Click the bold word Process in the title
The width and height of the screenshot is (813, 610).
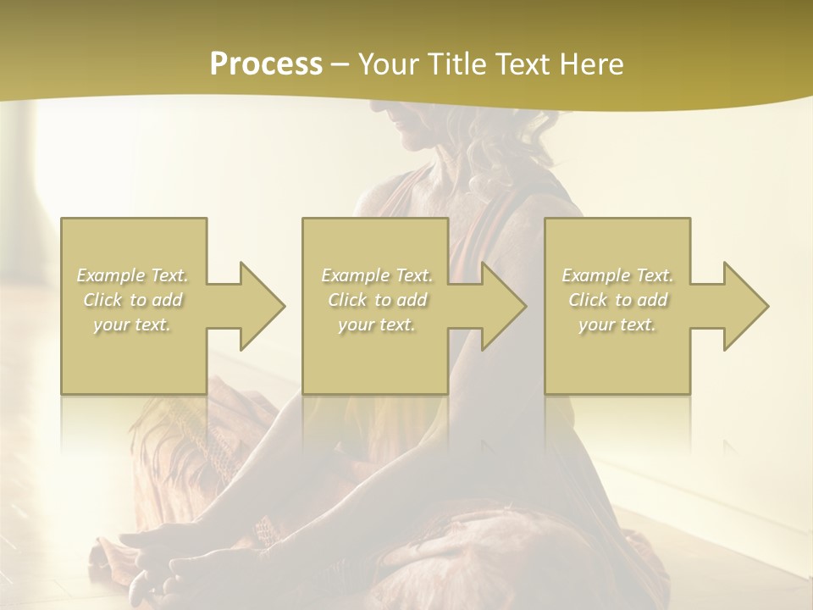(266, 64)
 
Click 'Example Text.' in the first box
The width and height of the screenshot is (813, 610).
(133, 275)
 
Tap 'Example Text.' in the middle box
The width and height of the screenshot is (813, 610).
(377, 275)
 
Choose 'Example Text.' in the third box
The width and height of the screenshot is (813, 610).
(617, 275)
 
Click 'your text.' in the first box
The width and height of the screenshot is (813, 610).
(132, 324)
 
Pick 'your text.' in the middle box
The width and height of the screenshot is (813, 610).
(377, 324)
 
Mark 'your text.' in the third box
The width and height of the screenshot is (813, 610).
(617, 324)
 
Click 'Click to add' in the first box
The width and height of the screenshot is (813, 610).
(133, 300)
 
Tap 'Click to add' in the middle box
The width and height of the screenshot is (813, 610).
(377, 300)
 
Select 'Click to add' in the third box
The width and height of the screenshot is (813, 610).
(617, 300)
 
